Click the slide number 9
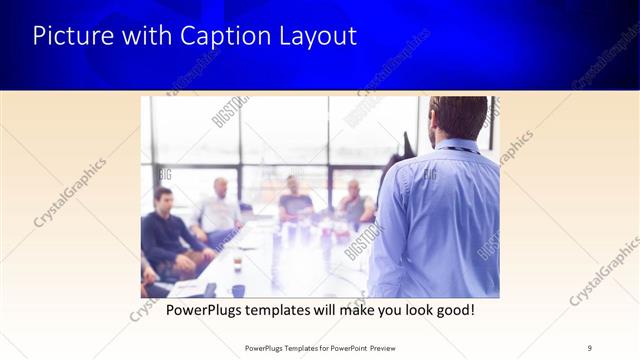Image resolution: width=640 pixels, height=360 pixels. pyautogui.click(x=590, y=347)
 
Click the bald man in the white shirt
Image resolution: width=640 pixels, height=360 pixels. pyautogui.click(x=219, y=209)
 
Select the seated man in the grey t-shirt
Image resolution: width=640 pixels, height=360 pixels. pyautogui.click(x=295, y=199)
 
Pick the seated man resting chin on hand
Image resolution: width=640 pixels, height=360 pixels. pyautogui.click(x=353, y=204)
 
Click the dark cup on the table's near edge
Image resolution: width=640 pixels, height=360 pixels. pyautogui.click(x=238, y=290)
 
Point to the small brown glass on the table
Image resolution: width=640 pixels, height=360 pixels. pyautogui.click(x=237, y=264)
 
